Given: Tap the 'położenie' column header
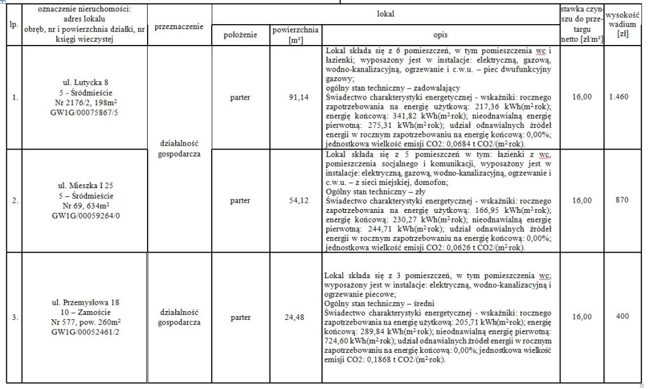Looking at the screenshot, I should pyautogui.click(x=240, y=35).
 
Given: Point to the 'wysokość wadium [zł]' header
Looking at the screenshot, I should pyautogui.click(x=622, y=25).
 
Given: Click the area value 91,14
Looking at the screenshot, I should pyautogui.click(x=296, y=98).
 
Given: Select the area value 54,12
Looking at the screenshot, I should pyautogui.click(x=296, y=200).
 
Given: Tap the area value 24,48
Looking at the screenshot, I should pyautogui.click(x=296, y=317).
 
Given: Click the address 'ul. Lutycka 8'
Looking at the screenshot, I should pyautogui.click(x=84, y=81).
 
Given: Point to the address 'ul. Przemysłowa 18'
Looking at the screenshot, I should pyautogui.click(x=84, y=300).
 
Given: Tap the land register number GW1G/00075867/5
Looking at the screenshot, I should pyautogui.click(x=84, y=115).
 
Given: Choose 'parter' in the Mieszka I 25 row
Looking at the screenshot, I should pyautogui.click(x=240, y=200).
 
